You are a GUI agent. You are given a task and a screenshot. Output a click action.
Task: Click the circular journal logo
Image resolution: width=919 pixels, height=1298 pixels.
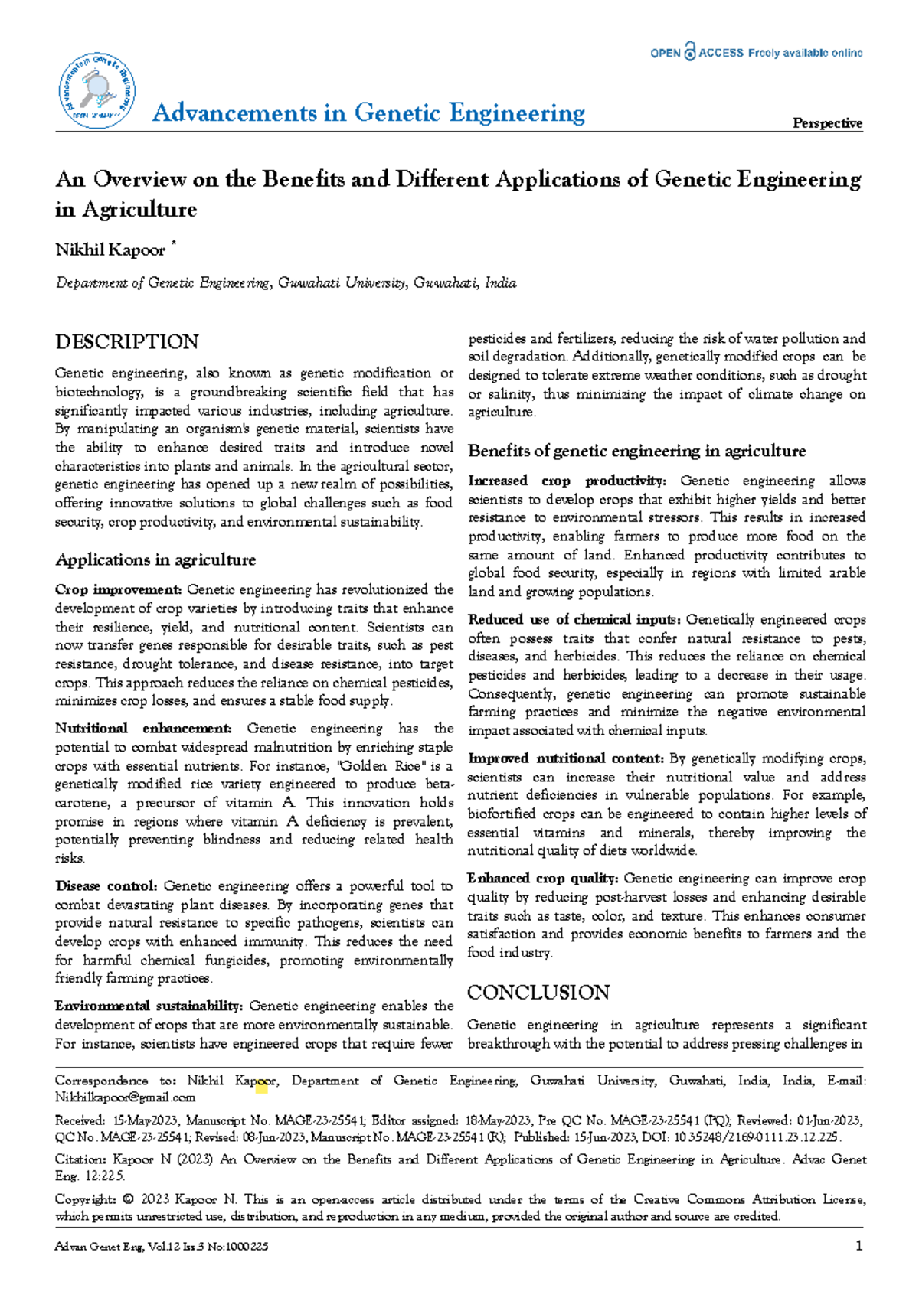(97, 91)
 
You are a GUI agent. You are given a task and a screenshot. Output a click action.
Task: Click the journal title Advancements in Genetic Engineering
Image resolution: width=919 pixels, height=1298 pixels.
(368, 113)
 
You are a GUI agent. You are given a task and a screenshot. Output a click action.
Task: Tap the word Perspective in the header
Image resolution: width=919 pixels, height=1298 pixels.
(827, 123)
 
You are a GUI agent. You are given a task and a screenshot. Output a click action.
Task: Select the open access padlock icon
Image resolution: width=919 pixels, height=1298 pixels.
(690, 52)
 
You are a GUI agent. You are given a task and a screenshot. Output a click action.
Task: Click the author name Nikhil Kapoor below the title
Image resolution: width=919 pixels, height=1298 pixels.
(110, 250)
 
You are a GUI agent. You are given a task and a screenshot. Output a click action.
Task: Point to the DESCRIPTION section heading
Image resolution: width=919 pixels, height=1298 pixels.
(127, 342)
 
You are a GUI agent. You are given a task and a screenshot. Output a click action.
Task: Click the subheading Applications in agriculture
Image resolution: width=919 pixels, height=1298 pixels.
(155, 560)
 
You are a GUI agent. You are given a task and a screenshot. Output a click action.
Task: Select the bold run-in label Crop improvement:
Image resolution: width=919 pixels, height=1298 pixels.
(118, 590)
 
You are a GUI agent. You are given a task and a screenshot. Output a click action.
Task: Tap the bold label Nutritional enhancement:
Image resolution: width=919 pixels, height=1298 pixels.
(143, 729)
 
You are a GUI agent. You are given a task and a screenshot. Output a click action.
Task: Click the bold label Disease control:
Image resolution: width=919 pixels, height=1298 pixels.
(106, 886)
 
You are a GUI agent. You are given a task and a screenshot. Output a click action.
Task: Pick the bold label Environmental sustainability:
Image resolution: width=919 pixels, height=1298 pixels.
(149, 1006)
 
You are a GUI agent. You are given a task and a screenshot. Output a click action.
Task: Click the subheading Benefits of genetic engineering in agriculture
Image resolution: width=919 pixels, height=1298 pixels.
(636, 452)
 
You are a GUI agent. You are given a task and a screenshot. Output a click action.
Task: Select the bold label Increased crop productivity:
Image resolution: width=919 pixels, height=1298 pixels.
(567, 481)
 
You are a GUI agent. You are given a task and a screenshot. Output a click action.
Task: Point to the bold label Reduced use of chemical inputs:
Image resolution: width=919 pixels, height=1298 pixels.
(574, 620)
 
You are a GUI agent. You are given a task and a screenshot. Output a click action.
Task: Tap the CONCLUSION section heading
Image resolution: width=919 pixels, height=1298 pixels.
(538, 993)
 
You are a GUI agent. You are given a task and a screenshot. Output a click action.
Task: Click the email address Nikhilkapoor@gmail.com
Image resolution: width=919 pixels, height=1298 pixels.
(125, 1097)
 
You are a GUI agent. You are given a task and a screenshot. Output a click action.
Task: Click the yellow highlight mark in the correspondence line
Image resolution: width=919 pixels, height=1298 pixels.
(261, 1085)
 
